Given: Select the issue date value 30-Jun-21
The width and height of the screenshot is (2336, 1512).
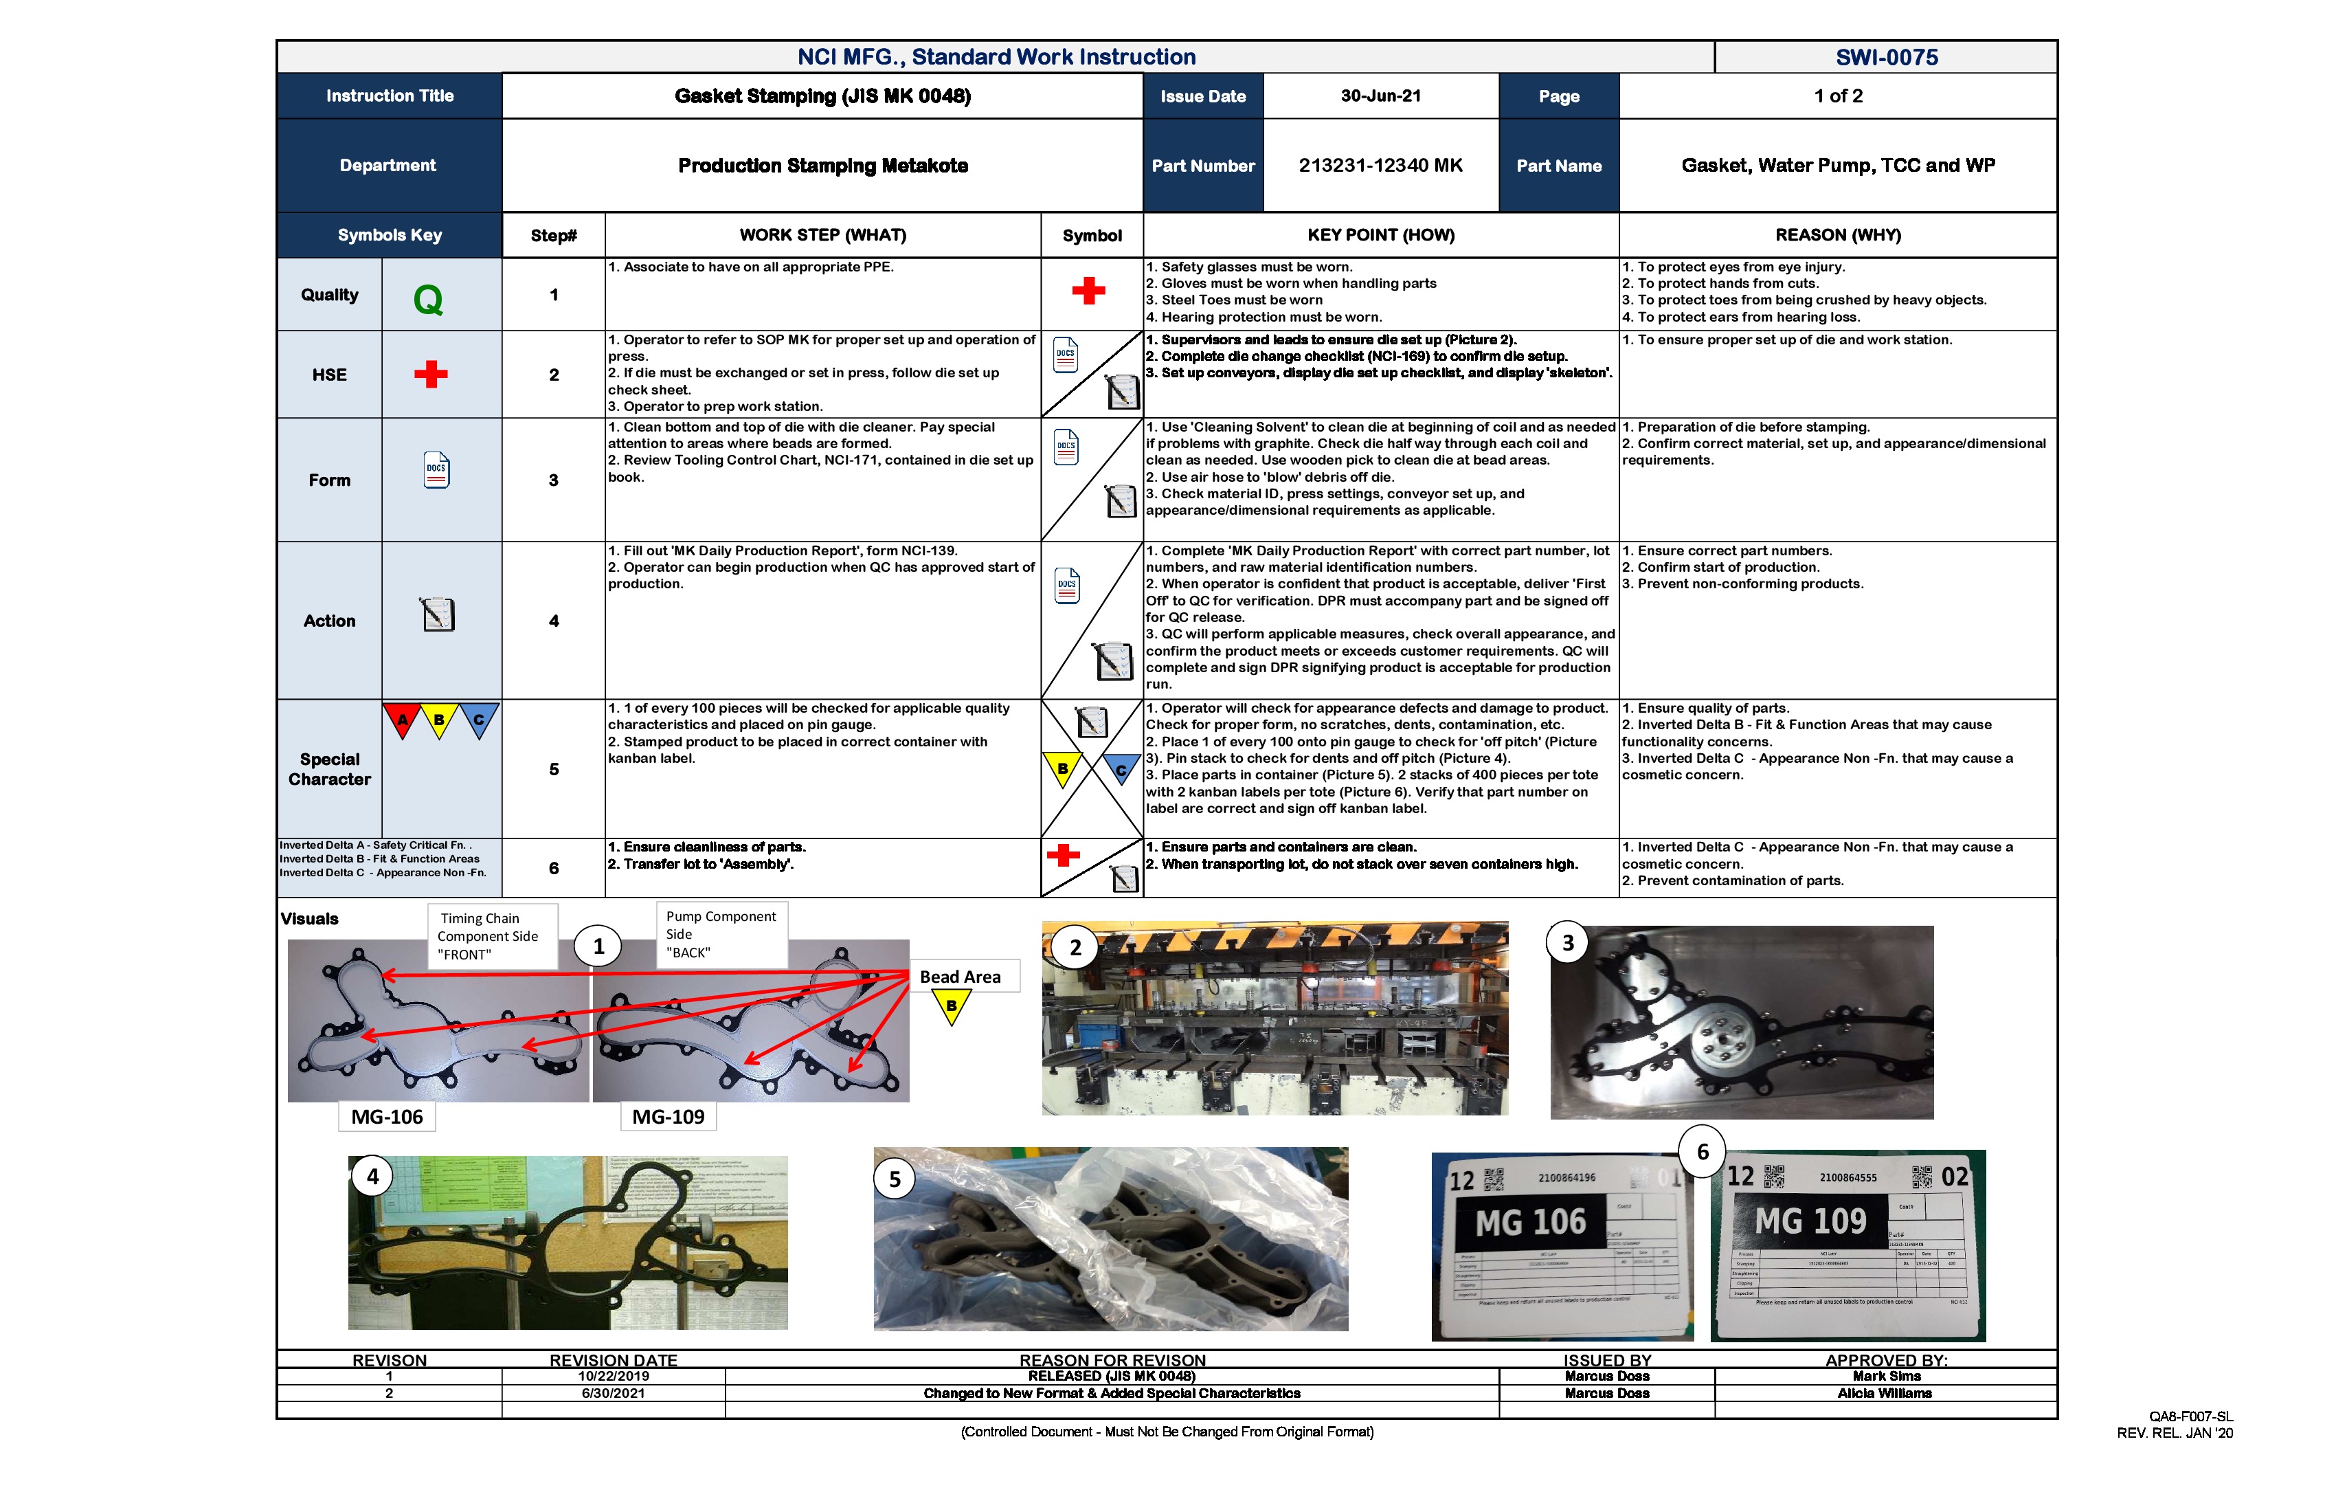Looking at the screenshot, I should [x=1380, y=96].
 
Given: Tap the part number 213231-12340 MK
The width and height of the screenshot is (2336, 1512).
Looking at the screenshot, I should [x=1380, y=165].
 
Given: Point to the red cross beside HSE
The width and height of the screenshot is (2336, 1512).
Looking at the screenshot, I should [x=430, y=374].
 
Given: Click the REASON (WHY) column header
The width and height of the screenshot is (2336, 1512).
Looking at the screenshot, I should [x=1837, y=234].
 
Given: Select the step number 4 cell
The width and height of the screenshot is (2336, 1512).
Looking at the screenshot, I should [x=554, y=621].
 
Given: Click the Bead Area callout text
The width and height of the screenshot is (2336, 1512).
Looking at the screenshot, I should [x=960, y=977].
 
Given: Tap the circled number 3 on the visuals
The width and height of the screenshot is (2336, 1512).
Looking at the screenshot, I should [x=1567, y=942].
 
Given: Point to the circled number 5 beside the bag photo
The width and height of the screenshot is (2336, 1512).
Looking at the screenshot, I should [x=894, y=1179].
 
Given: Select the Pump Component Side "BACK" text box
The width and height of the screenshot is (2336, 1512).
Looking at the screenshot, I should [x=721, y=934].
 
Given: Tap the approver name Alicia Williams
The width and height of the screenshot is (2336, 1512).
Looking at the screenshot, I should [x=1885, y=1393].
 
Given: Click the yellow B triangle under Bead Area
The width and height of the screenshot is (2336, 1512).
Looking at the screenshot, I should [x=951, y=1005].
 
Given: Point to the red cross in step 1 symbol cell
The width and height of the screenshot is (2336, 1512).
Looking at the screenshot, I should [x=1088, y=291].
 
